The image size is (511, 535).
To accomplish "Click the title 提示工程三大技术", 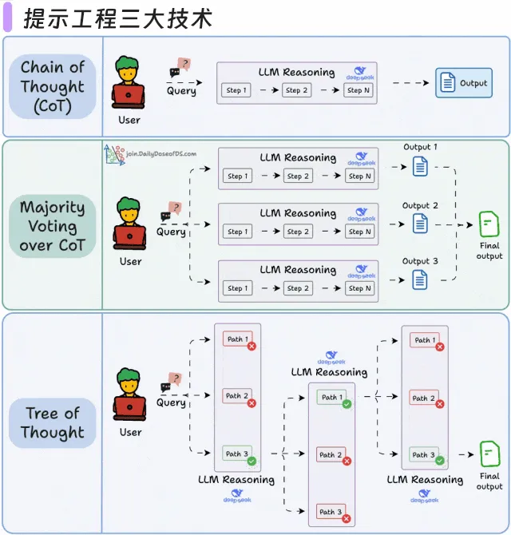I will (x=118, y=18).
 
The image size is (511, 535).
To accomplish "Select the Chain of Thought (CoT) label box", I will (x=52, y=86).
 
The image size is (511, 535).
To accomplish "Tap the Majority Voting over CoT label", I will (x=52, y=226).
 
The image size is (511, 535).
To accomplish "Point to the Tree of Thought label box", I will (x=52, y=422).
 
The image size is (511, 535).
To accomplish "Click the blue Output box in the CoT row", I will (x=463, y=83).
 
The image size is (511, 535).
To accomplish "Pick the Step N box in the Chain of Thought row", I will (x=358, y=90).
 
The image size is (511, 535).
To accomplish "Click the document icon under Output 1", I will (x=420, y=167).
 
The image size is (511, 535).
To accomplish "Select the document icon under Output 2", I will (x=420, y=224).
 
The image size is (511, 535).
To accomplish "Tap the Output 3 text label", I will (x=420, y=261).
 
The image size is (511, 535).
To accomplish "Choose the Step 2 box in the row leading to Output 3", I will (x=295, y=288).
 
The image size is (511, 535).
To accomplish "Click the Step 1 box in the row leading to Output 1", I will (x=237, y=176).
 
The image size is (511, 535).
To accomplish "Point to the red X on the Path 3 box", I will (x=347, y=519).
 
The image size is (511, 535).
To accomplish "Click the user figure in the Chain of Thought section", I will (x=129, y=84).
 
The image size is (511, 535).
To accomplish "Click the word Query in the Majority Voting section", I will (x=171, y=232).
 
